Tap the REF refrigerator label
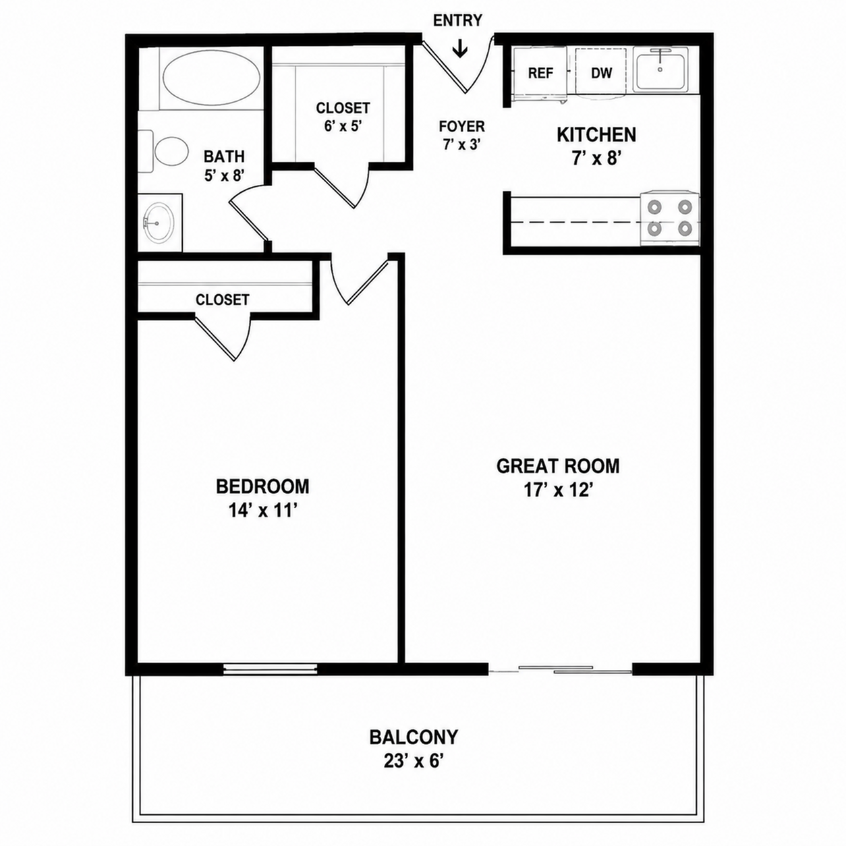pos(540,73)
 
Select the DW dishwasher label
pos(602,73)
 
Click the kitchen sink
pos(660,70)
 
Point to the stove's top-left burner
pos(654,206)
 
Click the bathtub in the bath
pos(211,80)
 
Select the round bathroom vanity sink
pos(159,222)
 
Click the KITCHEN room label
pos(596,134)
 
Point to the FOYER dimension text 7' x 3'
pos(462,144)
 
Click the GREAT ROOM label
pos(557,466)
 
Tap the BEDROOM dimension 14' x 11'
pos(263,511)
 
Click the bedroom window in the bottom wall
pos(270,681)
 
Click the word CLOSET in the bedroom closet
pos(222,300)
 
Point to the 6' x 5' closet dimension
pos(343,126)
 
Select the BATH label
pos(225,157)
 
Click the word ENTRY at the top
pos(457,20)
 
